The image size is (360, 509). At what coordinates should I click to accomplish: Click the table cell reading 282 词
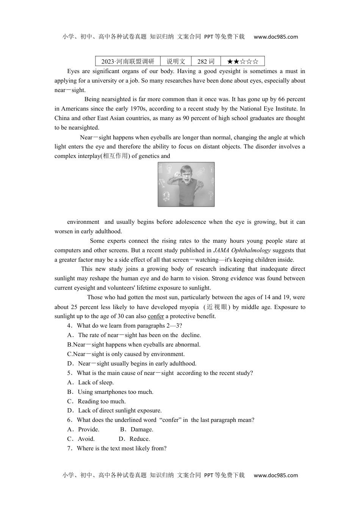pos(206,61)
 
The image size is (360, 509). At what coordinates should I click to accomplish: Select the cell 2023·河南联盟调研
pos(128,61)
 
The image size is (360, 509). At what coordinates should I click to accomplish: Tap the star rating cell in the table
pos(243,61)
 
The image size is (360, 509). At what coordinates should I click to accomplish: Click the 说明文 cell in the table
pos(176,61)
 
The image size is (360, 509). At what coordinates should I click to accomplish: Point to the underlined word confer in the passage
pos(156,316)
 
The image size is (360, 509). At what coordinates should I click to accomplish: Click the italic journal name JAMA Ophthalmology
pos(242,250)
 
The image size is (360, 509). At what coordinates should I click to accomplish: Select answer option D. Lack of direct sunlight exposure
pos(114,411)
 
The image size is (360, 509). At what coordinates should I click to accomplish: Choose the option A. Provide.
pos(83,429)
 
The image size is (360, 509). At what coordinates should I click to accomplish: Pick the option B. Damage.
pos(137,429)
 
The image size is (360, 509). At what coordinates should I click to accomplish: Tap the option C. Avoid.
pos(81,439)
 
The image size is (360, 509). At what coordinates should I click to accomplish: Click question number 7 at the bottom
pos(69,448)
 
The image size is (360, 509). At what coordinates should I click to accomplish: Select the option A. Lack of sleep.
pos(91,383)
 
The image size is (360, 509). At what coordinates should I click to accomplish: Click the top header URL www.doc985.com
pos(275,37)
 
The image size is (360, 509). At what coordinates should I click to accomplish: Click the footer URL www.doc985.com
pos(275,475)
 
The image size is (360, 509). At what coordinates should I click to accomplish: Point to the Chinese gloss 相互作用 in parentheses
pos(115,156)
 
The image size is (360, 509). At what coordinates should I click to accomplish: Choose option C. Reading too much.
pos(97,401)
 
